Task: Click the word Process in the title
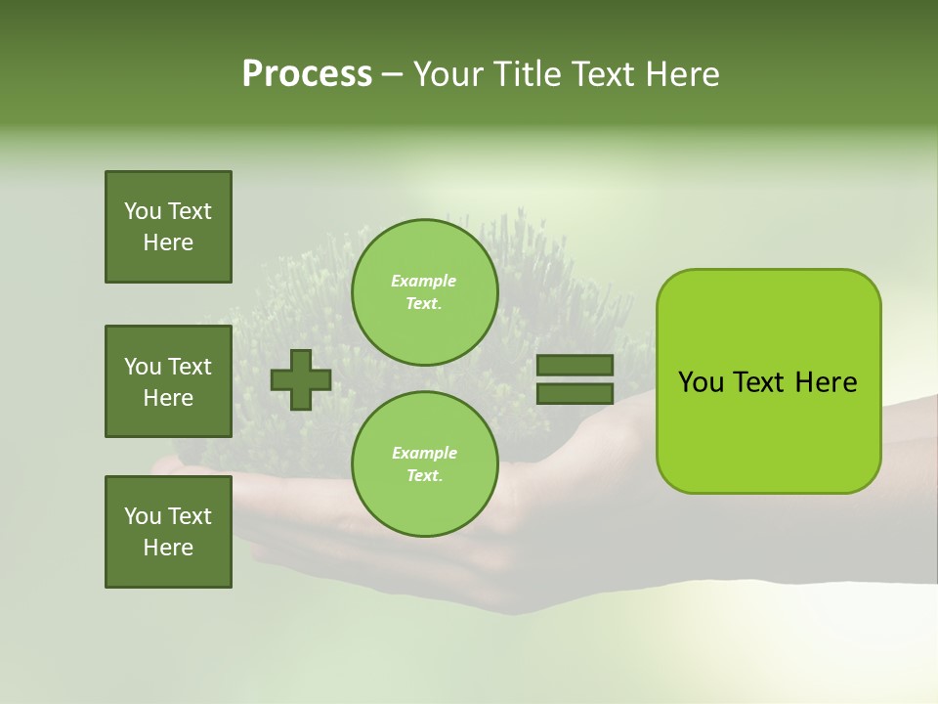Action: click(x=307, y=74)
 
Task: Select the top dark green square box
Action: click(x=168, y=227)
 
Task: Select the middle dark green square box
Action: click(x=168, y=381)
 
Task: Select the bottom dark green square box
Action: click(x=168, y=532)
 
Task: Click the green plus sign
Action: click(x=301, y=379)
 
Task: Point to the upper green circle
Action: click(x=424, y=292)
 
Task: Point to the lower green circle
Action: click(x=424, y=464)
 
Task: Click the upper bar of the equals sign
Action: click(x=575, y=365)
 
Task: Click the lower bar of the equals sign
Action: click(x=575, y=393)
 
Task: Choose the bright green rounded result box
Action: click(x=768, y=381)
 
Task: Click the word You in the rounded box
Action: click(x=701, y=382)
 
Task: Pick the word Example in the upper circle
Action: click(x=424, y=281)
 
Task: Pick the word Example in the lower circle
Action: click(x=424, y=453)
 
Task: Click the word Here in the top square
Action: click(x=168, y=242)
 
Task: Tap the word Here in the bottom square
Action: click(x=168, y=548)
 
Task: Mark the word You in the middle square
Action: click(x=143, y=367)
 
